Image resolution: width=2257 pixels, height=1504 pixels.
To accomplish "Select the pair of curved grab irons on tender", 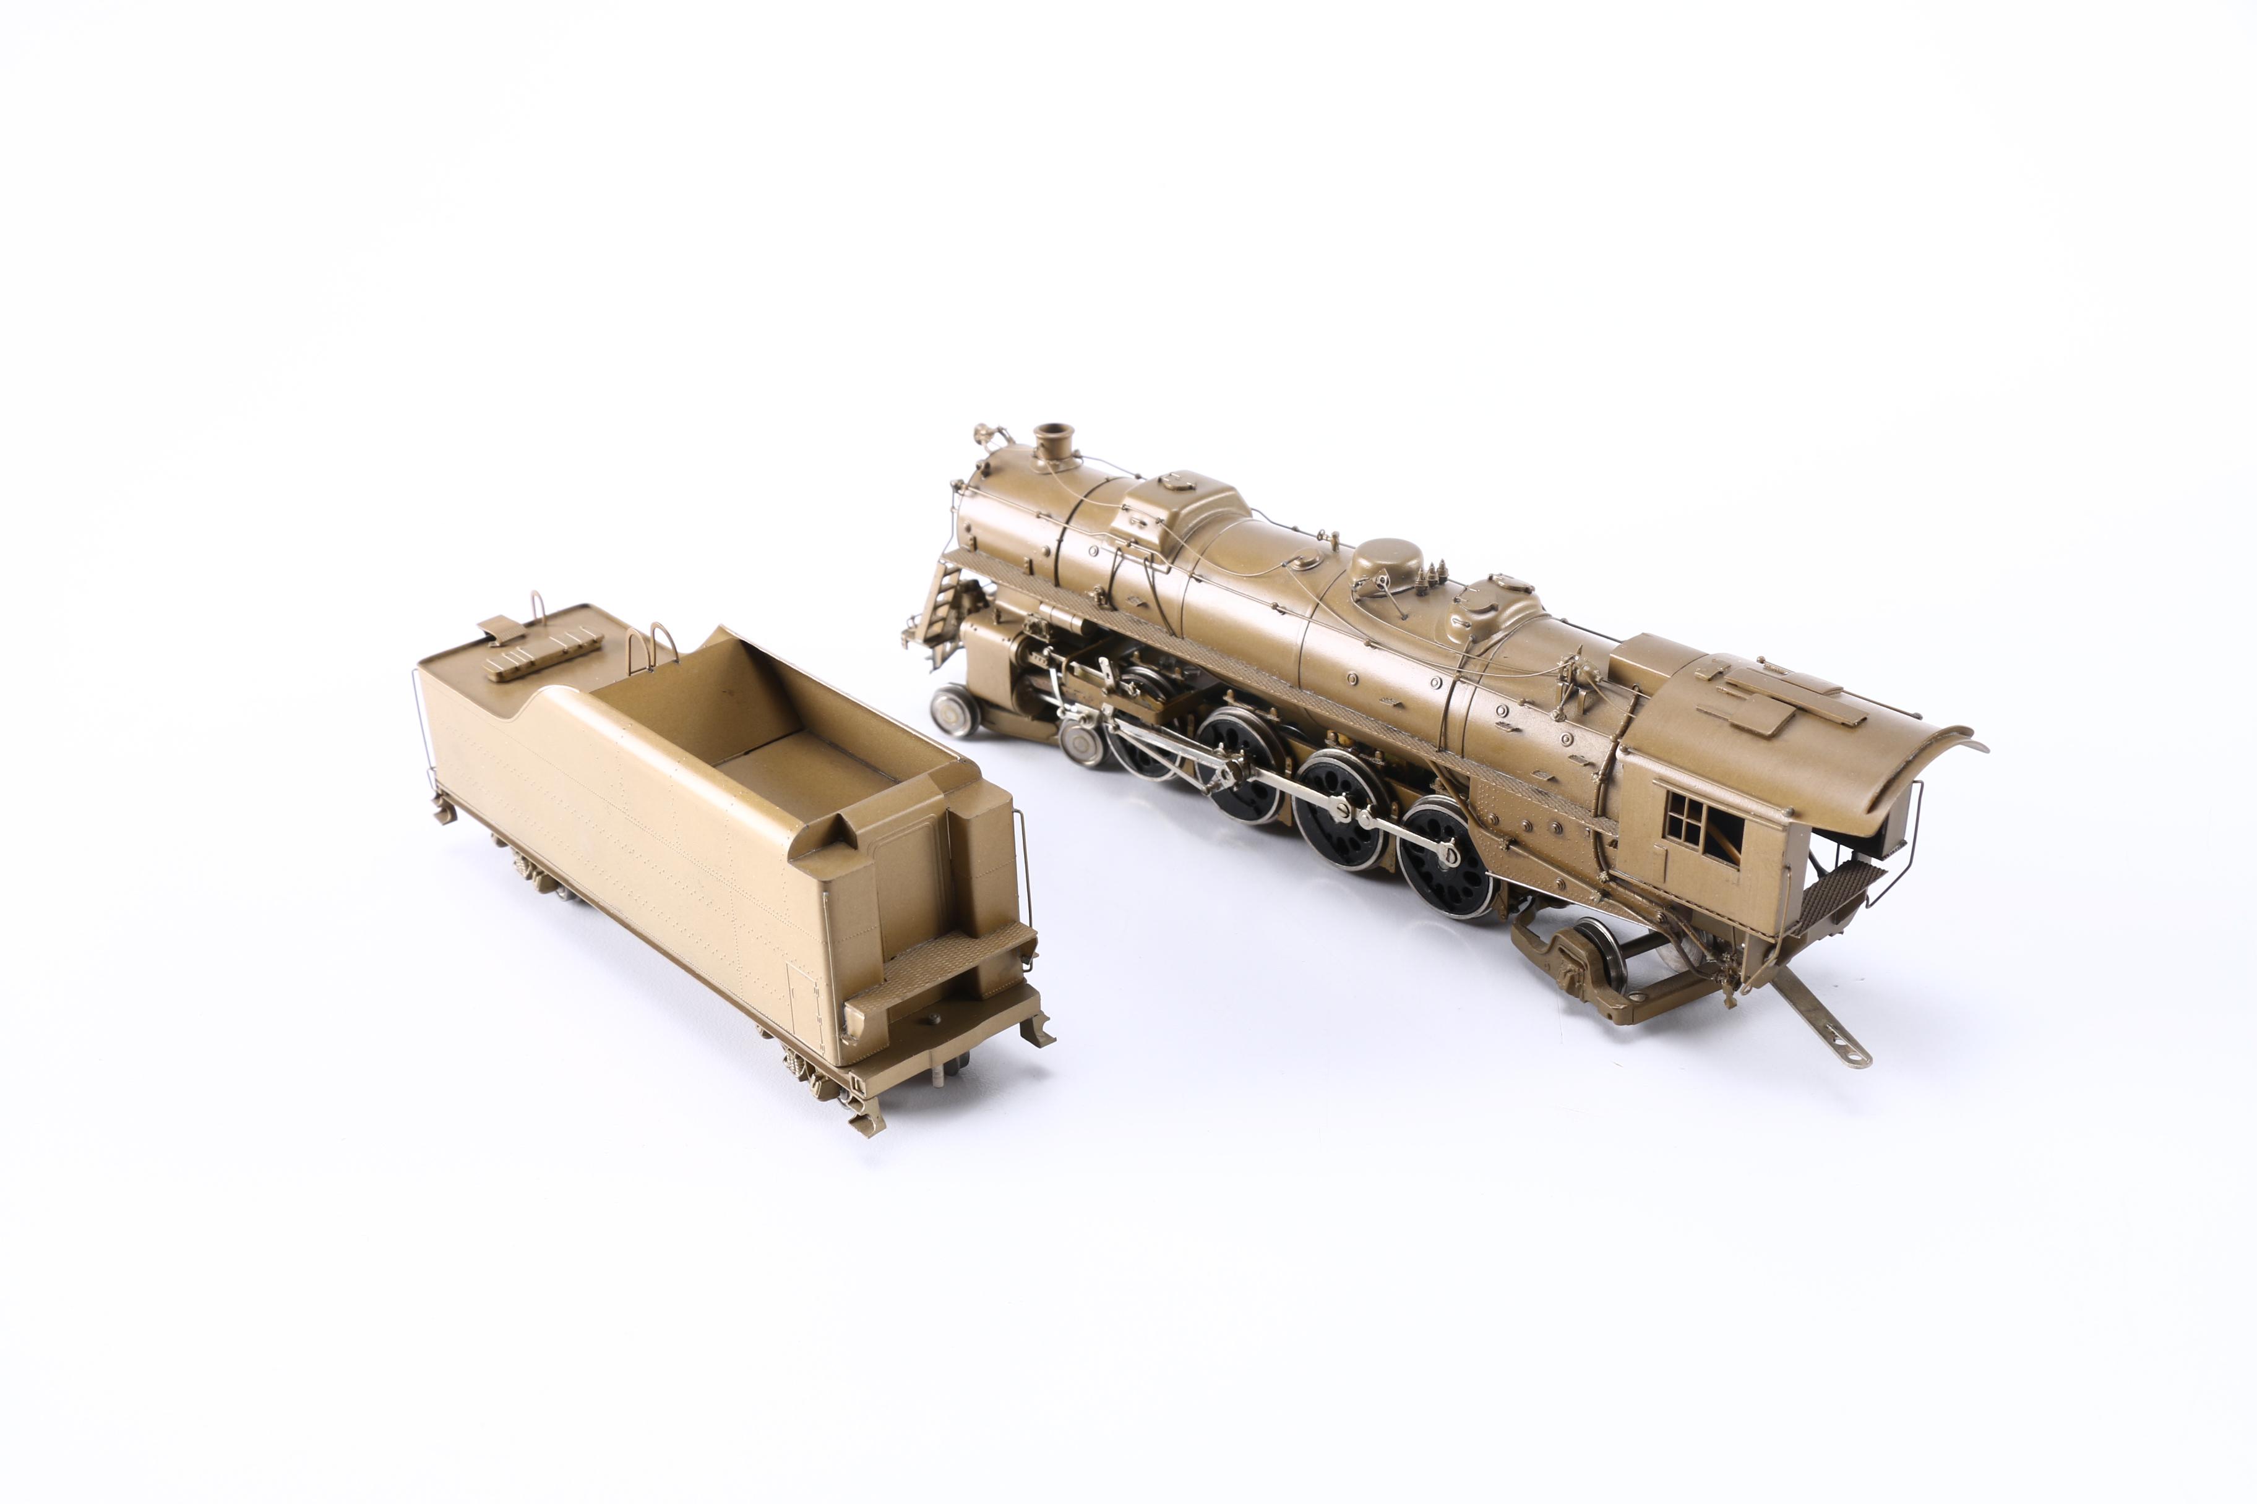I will pos(653,641).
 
